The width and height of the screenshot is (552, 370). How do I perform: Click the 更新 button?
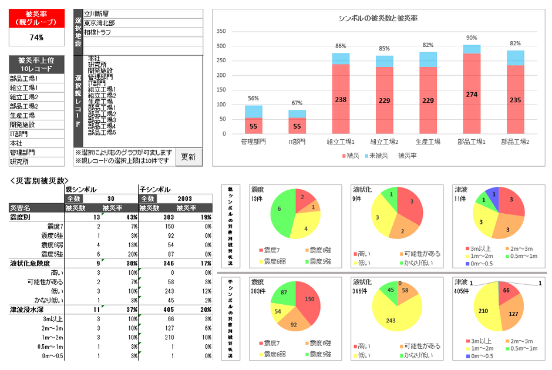[x=189, y=157]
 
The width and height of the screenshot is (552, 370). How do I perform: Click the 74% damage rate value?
[x=36, y=37]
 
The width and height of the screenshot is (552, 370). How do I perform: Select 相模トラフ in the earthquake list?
[x=97, y=32]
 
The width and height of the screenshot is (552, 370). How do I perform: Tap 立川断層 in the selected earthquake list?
[x=96, y=14]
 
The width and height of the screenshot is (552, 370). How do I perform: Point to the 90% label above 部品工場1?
[x=472, y=38]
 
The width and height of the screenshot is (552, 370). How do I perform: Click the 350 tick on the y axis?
[x=221, y=31]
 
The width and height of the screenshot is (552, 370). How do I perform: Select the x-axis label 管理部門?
[x=253, y=142]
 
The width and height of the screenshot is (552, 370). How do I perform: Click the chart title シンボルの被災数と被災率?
[x=378, y=18]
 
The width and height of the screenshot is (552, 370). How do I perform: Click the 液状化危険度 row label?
[x=30, y=264]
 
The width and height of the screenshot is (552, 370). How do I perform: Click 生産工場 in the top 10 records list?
[x=23, y=115]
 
